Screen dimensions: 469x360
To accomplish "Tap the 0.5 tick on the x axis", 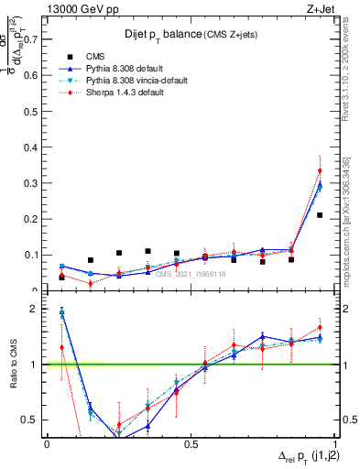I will click(x=191, y=444).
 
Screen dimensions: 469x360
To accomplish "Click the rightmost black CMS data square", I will click(x=320, y=215).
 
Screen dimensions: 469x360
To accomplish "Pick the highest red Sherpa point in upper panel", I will click(x=320, y=170).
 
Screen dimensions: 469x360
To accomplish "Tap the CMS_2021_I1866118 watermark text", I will click(x=191, y=274).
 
